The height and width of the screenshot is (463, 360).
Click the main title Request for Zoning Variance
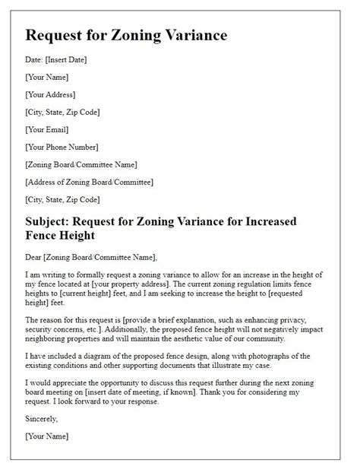coord(125,36)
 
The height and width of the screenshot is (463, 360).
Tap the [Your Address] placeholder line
coord(51,94)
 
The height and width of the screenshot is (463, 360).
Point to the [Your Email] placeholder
coord(47,129)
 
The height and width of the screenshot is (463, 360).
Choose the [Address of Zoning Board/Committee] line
coord(90,182)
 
